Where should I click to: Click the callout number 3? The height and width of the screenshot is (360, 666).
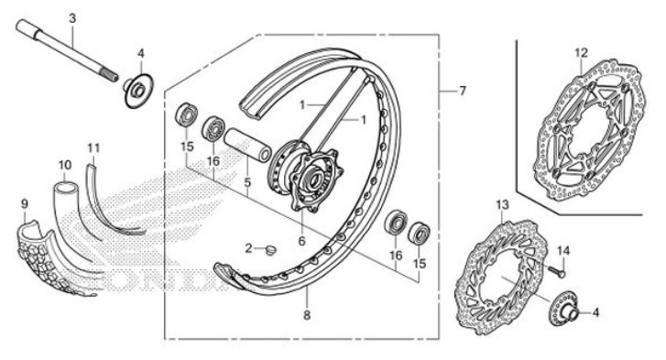tap(72, 17)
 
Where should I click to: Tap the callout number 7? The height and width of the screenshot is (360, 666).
tap(463, 91)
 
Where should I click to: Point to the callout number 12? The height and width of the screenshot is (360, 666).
tap(581, 52)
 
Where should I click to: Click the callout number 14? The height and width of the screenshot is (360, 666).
tap(563, 249)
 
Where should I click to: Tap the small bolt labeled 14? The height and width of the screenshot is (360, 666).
tap(557, 270)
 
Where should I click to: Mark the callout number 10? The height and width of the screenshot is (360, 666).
tap(65, 166)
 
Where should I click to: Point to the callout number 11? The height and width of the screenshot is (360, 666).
tap(93, 147)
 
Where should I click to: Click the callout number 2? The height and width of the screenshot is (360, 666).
tap(248, 247)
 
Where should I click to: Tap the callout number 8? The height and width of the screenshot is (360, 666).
tap(307, 315)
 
